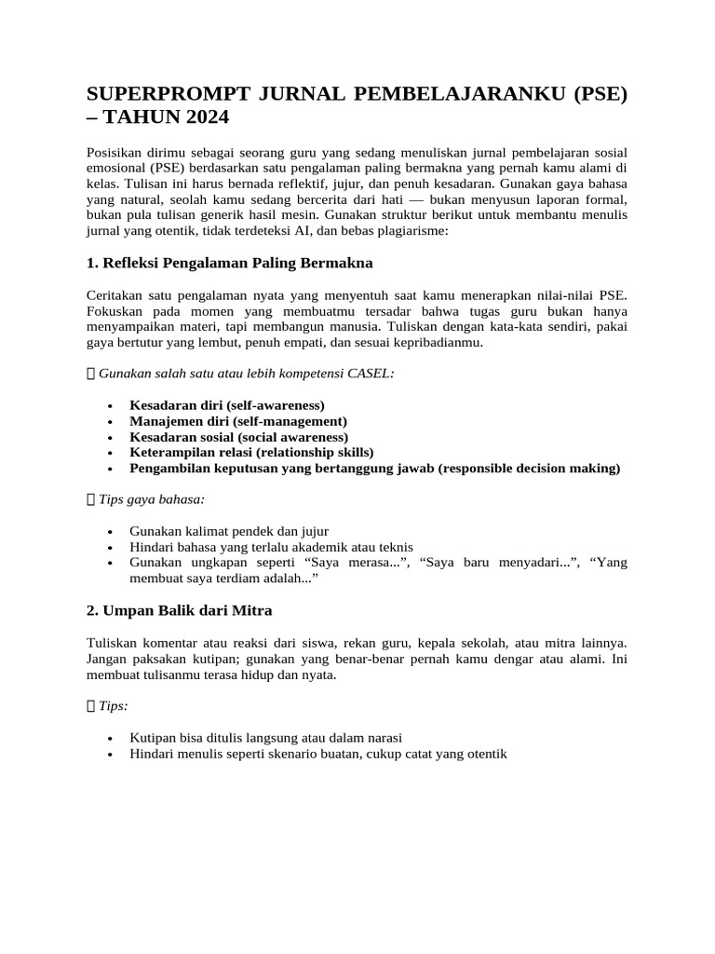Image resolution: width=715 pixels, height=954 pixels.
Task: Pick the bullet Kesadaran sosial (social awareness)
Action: [x=239, y=437]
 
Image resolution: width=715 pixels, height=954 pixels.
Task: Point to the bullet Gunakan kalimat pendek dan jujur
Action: [x=229, y=531]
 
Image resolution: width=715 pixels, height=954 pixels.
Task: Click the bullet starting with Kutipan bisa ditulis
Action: [x=253, y=738]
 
